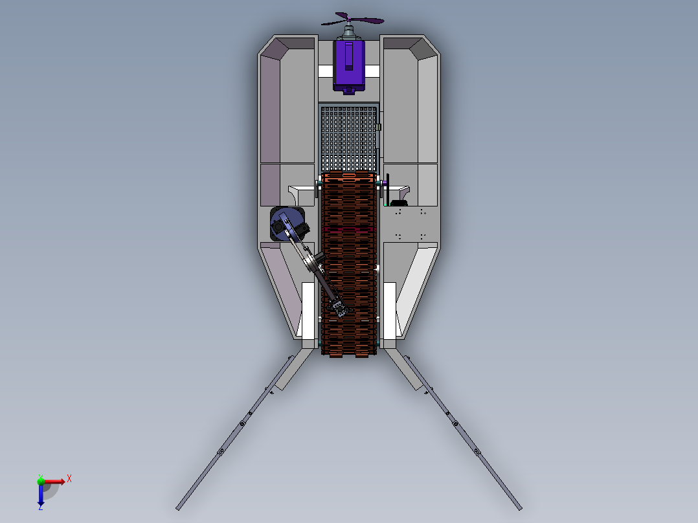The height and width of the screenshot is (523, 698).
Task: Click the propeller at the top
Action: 352,19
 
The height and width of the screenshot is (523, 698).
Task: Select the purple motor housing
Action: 349,65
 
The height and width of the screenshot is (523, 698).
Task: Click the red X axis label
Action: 69,479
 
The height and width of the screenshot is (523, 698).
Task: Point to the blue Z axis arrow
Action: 41,495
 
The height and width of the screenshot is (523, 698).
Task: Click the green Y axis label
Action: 41,476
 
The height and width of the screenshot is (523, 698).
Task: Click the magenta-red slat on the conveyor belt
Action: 348,230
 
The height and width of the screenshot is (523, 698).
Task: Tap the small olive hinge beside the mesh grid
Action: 378,128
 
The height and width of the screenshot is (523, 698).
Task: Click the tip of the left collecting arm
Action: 178,508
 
